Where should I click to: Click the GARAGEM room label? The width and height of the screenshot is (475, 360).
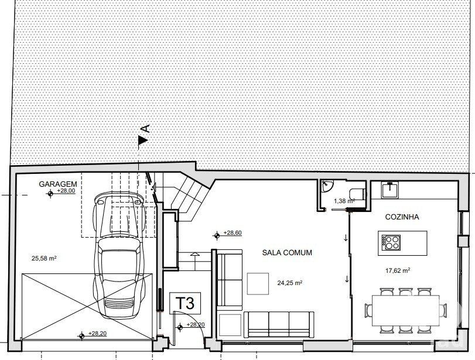coord(58,184)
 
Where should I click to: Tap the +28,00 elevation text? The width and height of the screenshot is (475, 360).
coord(66,191)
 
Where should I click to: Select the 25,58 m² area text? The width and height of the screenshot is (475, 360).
coord(45,258)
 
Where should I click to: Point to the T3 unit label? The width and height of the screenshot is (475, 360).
coord(185,303)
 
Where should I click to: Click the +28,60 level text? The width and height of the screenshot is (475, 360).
coord(233,232)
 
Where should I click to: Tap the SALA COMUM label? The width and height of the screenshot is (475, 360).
coord(287,252)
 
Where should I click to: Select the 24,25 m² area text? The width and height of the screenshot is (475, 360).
coord(290,283)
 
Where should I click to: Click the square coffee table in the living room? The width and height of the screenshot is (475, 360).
coord(258,284)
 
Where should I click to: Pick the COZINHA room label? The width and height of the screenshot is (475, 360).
coord(402,217)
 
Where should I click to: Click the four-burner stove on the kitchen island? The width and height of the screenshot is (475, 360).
coord(391,242)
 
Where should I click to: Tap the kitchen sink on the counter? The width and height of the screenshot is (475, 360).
coord(390,190)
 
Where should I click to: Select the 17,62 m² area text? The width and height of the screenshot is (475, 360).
coord(398,270)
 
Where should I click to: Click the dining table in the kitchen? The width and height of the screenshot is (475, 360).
coord(406,310)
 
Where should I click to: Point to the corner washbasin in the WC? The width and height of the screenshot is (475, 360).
coord(327,186)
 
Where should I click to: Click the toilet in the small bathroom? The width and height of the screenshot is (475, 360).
coord(357,194)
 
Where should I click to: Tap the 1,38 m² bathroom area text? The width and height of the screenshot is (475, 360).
coord(344,201)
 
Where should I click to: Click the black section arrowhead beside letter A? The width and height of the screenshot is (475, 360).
coord(143,140)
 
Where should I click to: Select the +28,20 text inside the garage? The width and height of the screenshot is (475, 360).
coord(97,333)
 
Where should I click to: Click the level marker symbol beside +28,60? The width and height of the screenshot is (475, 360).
coord(217,235)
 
